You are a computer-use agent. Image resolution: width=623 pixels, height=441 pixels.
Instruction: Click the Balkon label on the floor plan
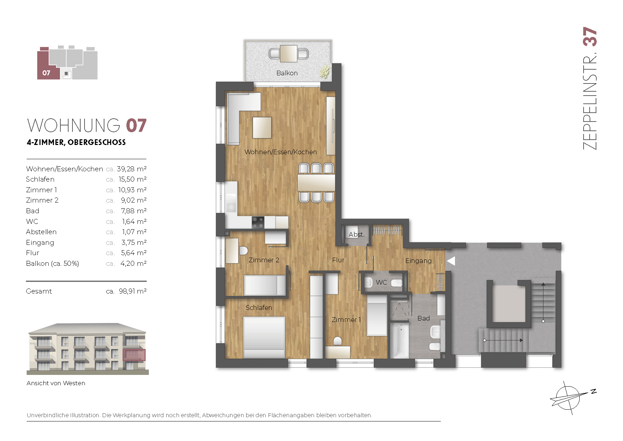tap(287, 73)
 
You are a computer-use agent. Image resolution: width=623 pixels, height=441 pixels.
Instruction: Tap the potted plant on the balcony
tap(324, 72)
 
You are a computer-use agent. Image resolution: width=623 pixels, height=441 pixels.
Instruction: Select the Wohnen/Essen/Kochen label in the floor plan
tap(281, 152)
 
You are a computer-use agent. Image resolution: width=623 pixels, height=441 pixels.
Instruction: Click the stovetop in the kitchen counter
tap(258, 222)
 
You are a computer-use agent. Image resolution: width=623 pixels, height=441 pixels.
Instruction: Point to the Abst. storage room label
tap(356, 235)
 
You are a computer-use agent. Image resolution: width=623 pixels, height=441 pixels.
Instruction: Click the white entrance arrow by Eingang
tap(451, 261)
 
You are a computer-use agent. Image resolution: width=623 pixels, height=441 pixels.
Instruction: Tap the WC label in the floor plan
tap(381, 282)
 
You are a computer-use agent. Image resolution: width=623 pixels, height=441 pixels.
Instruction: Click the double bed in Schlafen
tap(264, 337)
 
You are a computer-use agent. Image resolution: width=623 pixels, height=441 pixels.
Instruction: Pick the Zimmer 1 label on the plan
tap(346, 319)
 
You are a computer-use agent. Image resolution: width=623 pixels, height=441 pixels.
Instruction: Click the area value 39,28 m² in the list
tap(132, 169)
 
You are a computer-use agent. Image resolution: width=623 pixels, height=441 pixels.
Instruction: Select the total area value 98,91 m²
tap(132, 291)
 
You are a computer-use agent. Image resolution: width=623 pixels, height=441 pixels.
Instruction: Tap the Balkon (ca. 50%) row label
tap(53, 263)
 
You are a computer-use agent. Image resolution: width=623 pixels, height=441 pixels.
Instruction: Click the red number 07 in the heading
tap(136, 126)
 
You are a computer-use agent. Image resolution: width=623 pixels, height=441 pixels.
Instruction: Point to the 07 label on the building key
tap(46, 73)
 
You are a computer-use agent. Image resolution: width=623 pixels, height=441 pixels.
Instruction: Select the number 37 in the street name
tap(590, 37)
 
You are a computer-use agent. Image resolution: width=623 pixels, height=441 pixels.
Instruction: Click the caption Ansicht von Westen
tap(56, 383)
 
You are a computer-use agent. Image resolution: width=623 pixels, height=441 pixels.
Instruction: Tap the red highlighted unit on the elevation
tap(134, 355)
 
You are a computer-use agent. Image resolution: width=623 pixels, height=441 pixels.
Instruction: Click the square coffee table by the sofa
tap(262, 128)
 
